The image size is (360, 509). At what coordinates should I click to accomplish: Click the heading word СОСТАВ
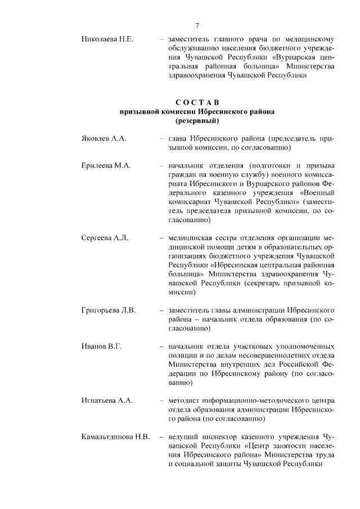[196, 102]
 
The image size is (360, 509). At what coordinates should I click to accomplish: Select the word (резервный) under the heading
[197, 120]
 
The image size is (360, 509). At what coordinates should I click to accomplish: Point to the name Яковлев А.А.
[105, 138]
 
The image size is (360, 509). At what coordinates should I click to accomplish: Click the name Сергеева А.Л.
[105, 238]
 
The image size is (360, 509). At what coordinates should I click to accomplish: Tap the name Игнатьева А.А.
[107, 400]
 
